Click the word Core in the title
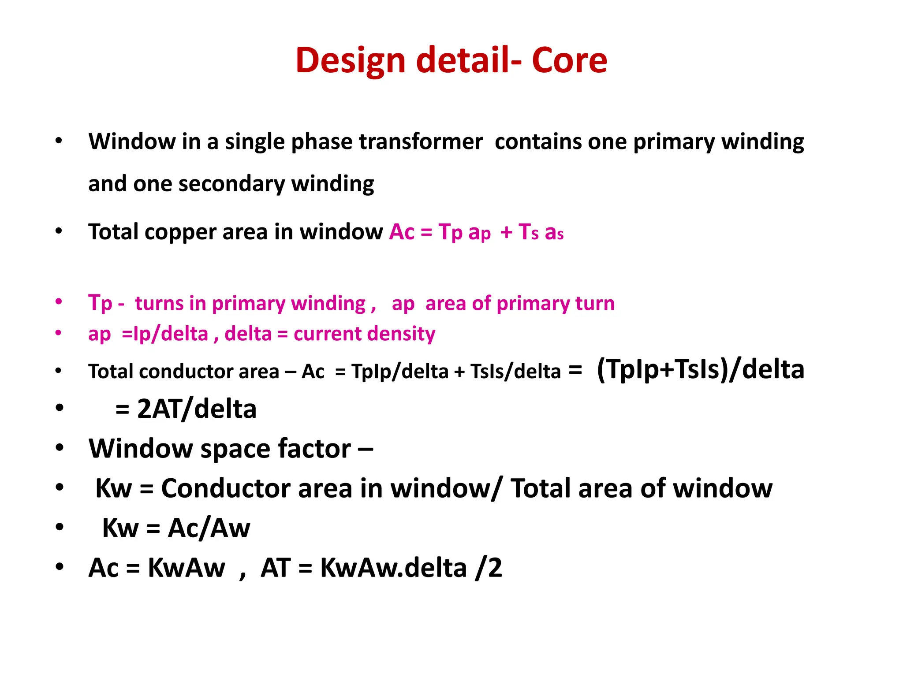(x=569, y=60)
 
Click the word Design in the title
(x=350, y=60)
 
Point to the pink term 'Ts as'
(x=541, y=232)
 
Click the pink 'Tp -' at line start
(x=106, y=303)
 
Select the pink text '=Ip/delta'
(x=164, y=334)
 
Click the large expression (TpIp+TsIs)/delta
(x=700, y=369)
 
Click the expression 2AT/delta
(x=197, y=409)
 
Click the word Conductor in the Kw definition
(x=225, y=488)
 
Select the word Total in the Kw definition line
(x=541, y=488)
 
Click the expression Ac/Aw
(x=209, y=528)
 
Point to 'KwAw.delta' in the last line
(x=393, y=568)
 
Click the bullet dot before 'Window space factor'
(x=60, y=448)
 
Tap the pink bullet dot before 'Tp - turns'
(x=59, y=302)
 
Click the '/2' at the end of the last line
(x=489, y=568)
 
